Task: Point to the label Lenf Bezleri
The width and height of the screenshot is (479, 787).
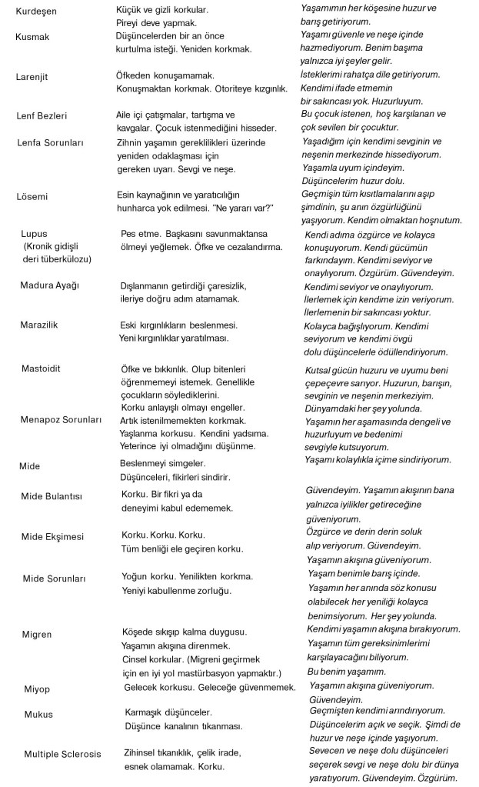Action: click(x=42, y=115)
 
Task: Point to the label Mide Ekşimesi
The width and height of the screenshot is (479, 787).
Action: click(x=52, y=536)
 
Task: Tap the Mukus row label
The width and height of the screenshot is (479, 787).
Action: click(x=38, y=715)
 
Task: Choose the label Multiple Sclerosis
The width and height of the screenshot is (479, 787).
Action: click(x=62, y=754)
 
